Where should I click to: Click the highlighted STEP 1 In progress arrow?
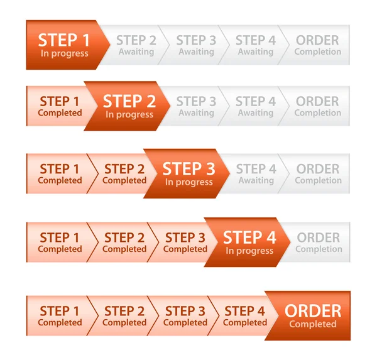tap(65, 45)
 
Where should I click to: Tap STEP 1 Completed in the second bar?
tap(60, 106)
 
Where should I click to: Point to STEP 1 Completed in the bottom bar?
tap(60, 316)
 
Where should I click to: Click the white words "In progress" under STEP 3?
tap(189, 182)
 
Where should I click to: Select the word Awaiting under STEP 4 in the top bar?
tap(256, 52)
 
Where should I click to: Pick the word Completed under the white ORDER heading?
tap(313, 324)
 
